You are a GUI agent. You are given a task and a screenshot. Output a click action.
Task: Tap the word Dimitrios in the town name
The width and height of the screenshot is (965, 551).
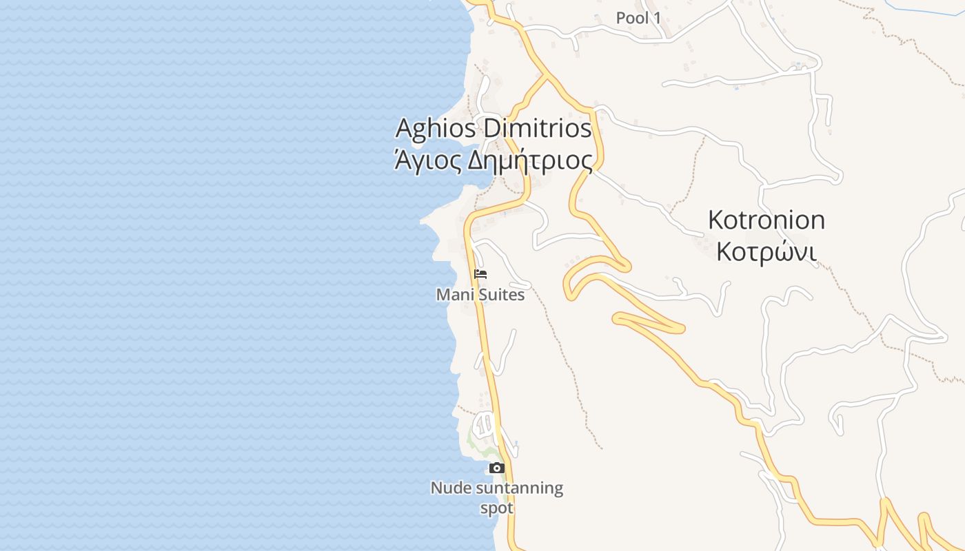(x=538, y=129)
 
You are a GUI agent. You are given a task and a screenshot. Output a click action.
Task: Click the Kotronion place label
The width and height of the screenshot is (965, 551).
(x=766, y=220)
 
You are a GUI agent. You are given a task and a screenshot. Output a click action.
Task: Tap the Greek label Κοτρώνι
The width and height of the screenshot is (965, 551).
(x=766, y=252)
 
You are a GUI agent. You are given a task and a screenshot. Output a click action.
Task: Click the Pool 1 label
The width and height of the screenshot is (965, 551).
(x=638, y=18)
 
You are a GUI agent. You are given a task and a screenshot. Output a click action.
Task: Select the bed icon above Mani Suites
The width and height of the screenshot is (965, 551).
(x=480, y=273)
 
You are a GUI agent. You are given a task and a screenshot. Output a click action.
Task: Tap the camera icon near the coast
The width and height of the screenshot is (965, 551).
(x=496, y=468)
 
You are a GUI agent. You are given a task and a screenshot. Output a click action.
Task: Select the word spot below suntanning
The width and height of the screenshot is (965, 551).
(x=496, y=508)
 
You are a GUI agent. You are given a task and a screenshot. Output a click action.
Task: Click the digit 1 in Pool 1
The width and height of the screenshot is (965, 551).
(x=657, y=18)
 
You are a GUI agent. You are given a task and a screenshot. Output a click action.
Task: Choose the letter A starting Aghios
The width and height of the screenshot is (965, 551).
(x=405, y=129)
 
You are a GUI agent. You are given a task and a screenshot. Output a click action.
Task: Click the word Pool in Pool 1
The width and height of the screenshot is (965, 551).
(x=632, y=18)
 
